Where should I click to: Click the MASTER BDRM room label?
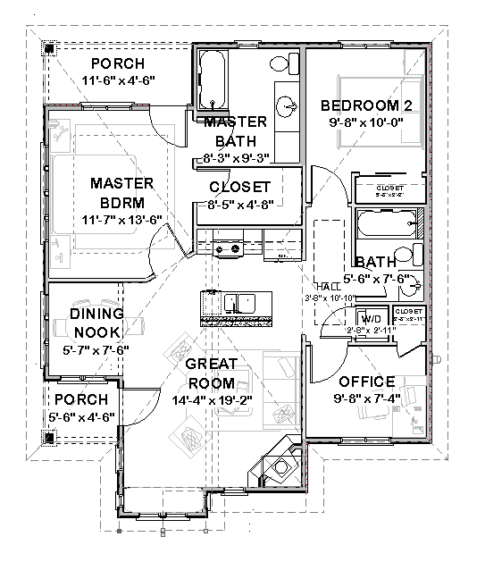pos(122,192)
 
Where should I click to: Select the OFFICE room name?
pos(366,382)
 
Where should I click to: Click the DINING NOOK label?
pos(96,323)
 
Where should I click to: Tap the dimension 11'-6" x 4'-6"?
pos(118,80)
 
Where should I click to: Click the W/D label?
pos(370,318)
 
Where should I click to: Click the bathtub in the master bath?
pos(212,78)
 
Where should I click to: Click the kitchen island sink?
pos(238,304)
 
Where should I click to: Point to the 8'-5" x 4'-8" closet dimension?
pos(238,204)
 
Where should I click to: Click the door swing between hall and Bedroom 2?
pos(320,179)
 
